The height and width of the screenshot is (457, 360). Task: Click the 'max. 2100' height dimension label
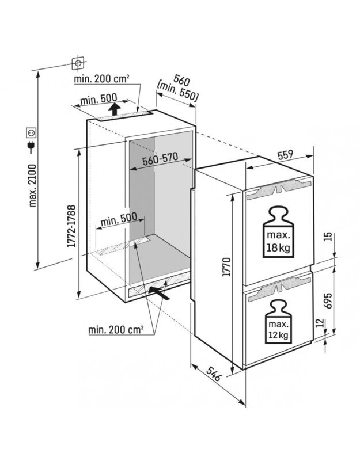[x=33, y=186]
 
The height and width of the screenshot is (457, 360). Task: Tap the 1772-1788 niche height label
[x=71, y=226]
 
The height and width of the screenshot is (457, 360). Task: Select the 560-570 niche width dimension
[x=160, y=159]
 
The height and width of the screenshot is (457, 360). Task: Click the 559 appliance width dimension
[x=285, y=154]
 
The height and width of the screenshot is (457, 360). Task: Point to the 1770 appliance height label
[x=227, y=266]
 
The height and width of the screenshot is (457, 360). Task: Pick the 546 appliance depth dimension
[x=213, y=374]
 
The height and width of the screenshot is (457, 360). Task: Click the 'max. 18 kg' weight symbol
[x=278, y=233]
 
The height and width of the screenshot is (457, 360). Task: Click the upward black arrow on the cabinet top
[x=115, y=109]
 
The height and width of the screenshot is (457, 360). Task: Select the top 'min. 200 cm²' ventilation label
[x=101, y=79]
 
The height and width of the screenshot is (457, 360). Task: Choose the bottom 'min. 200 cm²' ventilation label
[x=116, y=330]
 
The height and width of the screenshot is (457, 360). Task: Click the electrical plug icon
[x=31, y=147]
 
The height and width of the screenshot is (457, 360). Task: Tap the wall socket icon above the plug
[x=31, y=133]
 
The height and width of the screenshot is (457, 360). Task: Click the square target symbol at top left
[x=78, y=63]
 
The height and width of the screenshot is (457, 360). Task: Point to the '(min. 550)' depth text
[x=177, y=91]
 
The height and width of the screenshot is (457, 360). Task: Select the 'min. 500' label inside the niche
[x=119, y=220]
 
